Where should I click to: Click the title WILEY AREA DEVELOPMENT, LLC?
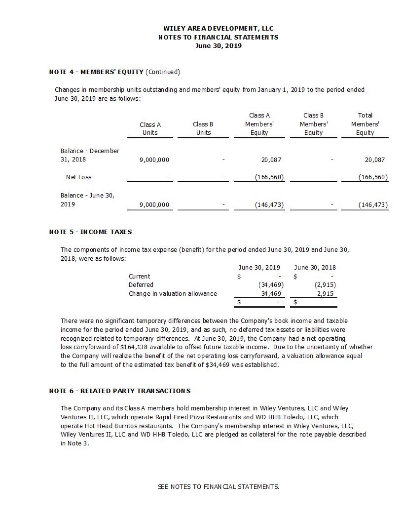[218, 28]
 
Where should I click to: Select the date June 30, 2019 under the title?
[218, 46]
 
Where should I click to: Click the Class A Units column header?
[150, 128]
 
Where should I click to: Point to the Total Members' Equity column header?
[365, 124]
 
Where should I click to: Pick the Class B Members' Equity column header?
[313, 124]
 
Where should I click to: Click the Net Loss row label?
[78, 177]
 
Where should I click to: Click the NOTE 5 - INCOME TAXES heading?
[90, 232]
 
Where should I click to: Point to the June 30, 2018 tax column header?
[315, 267]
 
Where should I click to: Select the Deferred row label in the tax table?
[141, 285]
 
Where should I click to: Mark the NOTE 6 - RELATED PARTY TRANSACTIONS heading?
[119, 391]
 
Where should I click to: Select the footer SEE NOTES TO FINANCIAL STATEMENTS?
[219, 486]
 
